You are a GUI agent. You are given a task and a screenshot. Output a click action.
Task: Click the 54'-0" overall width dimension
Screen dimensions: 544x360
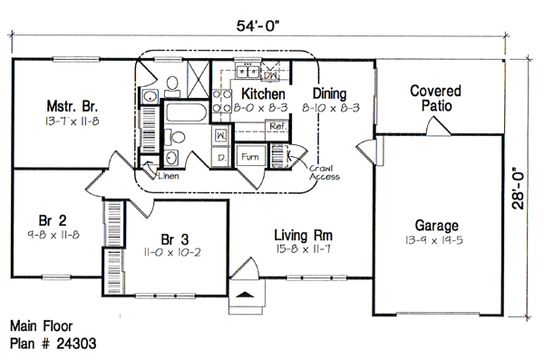257,26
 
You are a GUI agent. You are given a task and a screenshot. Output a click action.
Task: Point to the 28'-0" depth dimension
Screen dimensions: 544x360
518,189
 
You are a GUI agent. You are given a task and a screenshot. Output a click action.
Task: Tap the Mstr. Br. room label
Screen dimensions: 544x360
73,106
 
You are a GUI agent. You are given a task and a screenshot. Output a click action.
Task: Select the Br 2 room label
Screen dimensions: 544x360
53,220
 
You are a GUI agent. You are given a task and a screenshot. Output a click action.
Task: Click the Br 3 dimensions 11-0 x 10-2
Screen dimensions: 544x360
172,252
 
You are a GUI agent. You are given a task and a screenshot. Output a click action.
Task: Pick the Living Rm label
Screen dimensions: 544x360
303,235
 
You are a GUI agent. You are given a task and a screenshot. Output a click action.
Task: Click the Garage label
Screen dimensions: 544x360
436,226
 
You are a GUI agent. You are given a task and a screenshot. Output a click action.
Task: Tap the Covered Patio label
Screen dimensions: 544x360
436,98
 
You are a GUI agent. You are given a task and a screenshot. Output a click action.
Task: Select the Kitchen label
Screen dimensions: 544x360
263,93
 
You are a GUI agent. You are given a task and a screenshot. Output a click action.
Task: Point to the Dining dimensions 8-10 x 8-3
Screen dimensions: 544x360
331,108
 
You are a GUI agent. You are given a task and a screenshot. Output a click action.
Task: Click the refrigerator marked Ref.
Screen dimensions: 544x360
277,127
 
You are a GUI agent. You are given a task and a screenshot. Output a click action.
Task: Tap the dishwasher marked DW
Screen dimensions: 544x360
269,75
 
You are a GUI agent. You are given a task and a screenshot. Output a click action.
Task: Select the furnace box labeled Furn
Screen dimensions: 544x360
250,157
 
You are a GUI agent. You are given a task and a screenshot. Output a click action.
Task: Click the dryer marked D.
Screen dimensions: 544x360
221,157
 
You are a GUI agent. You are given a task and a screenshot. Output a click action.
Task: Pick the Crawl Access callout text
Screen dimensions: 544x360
325,172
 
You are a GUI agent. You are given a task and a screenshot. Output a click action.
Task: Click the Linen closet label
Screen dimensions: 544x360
169,176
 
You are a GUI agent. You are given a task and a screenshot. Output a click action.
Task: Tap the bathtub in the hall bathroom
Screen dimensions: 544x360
186,112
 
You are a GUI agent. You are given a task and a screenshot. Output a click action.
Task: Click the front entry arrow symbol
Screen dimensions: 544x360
246,295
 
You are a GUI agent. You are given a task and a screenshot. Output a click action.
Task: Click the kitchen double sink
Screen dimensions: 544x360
248,72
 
